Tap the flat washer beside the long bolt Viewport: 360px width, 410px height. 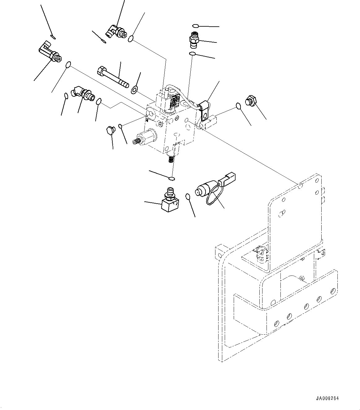click(x=135, y=90)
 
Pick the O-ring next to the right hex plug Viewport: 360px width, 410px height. click(x=238, y=106)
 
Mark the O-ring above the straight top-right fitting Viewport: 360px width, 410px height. click(x=195, y=26)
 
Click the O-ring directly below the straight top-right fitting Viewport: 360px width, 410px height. click(x=193, y=55)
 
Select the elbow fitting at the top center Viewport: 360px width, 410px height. click(x=116, y=32)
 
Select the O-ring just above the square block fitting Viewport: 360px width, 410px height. click(x=172, y=179)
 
